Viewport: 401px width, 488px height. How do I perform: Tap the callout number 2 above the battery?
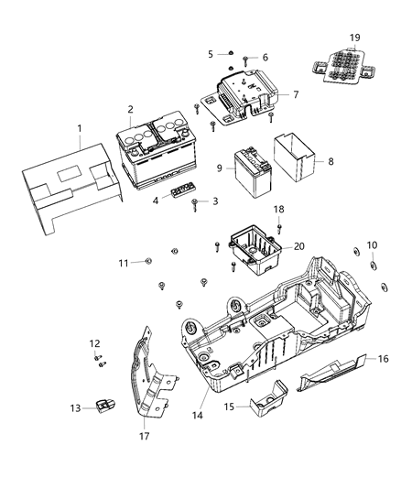tap(130, 109)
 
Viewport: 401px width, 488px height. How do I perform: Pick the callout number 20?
tap(298, 247)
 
